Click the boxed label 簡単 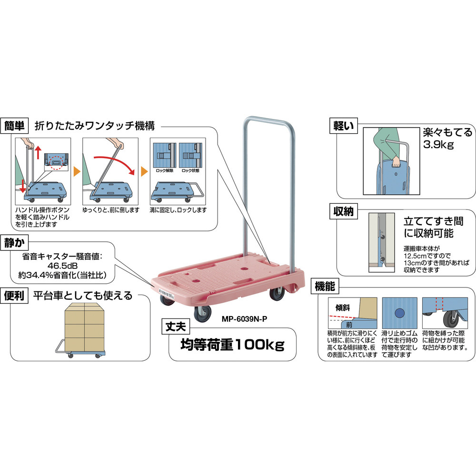point(16,126)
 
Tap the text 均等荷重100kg point(232,344)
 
